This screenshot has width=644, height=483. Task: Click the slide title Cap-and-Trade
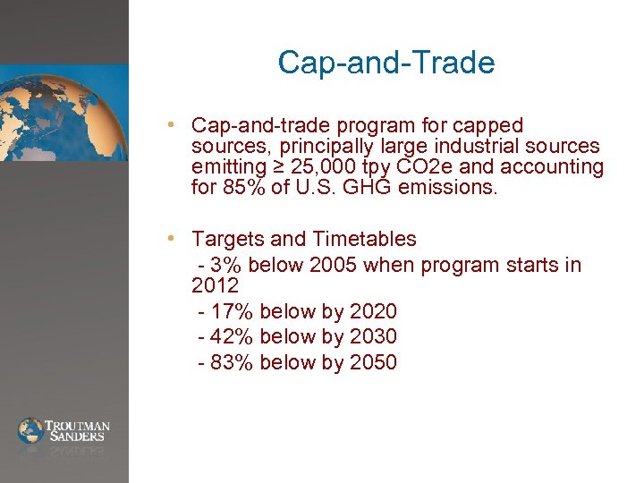click(x=386, y=63)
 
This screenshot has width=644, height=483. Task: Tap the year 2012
click(x=215, y=286)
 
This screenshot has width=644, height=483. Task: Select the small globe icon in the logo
click(x=30, y=430)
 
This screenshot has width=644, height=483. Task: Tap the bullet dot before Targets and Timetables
click(x=180, y=239)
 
